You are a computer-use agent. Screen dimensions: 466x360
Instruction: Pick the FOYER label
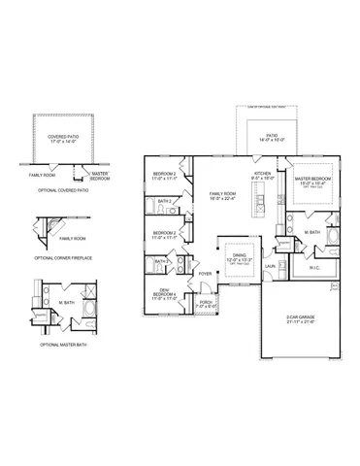205,274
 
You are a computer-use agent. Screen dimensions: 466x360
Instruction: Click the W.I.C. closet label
314,268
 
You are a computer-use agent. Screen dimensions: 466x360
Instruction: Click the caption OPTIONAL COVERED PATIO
63,190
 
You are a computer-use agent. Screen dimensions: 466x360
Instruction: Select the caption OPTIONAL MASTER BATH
61,345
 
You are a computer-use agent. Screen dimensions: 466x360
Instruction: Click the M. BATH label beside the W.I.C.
311,233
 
